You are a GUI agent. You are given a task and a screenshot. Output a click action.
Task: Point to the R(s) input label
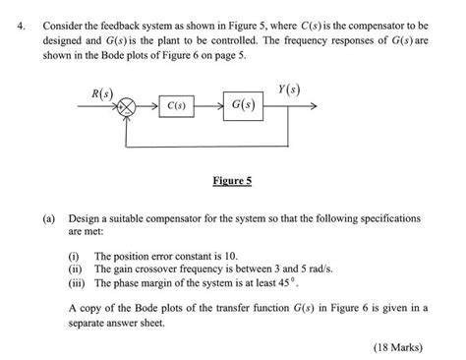(x=102, y=93)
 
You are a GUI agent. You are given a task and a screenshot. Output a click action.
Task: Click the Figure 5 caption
(x=232, y=181)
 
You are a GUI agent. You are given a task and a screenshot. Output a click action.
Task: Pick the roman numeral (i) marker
(x=75, y=255)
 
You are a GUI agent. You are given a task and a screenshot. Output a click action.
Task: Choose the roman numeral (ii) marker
(x=76, y=268)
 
